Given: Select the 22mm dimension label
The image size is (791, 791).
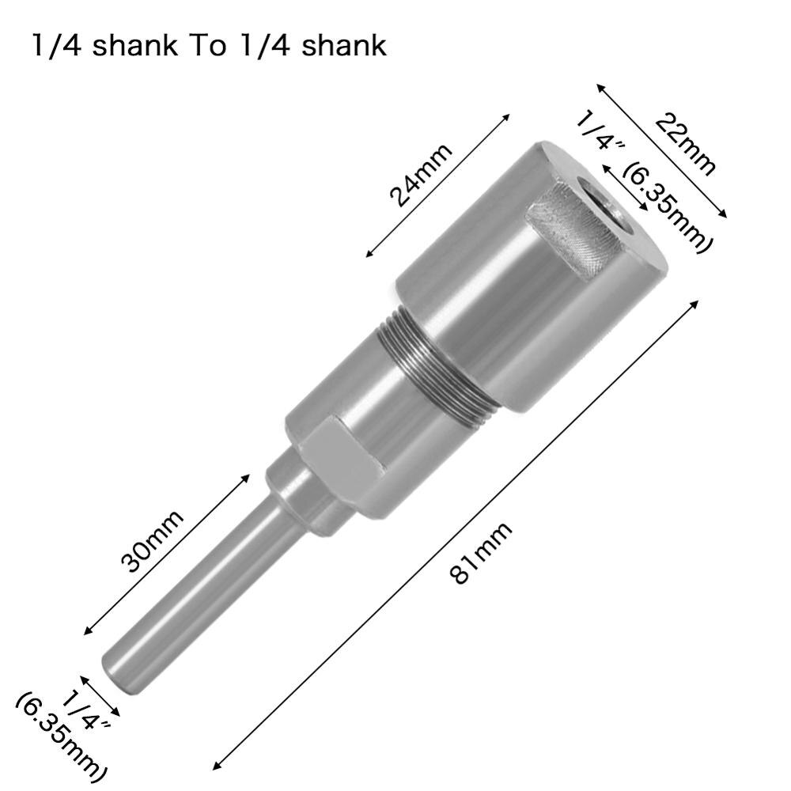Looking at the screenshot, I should tap(685, 142).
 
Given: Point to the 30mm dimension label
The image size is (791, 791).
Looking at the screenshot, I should tap(153, 540).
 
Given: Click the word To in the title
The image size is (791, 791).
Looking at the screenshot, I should tap(208, 45).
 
